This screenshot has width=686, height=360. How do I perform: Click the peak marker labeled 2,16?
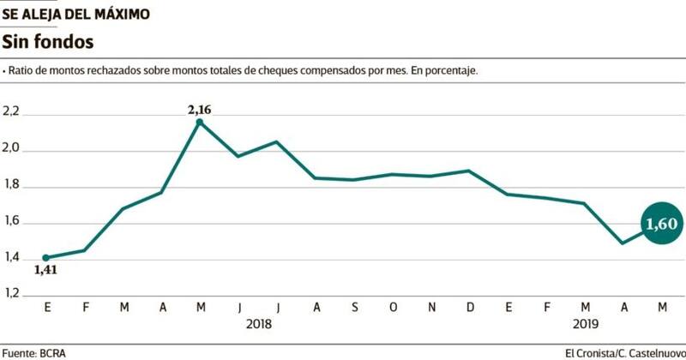[200, 123]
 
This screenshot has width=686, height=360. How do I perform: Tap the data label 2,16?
[199, 109]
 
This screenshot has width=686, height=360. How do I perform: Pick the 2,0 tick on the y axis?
[12, 150]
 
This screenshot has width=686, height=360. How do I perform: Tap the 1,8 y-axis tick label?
[12, 186]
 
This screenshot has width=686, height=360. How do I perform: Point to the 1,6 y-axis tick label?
[12, 223]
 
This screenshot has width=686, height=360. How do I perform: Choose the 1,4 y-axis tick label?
[12, 259]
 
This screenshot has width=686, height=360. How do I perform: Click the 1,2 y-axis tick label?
[12, 295]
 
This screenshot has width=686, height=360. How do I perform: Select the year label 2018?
[259, 324]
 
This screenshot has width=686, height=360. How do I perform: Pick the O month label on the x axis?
[393, 307]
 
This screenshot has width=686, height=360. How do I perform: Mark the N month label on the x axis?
[431, 307]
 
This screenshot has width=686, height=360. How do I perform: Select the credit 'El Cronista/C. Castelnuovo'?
[624, 352]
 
